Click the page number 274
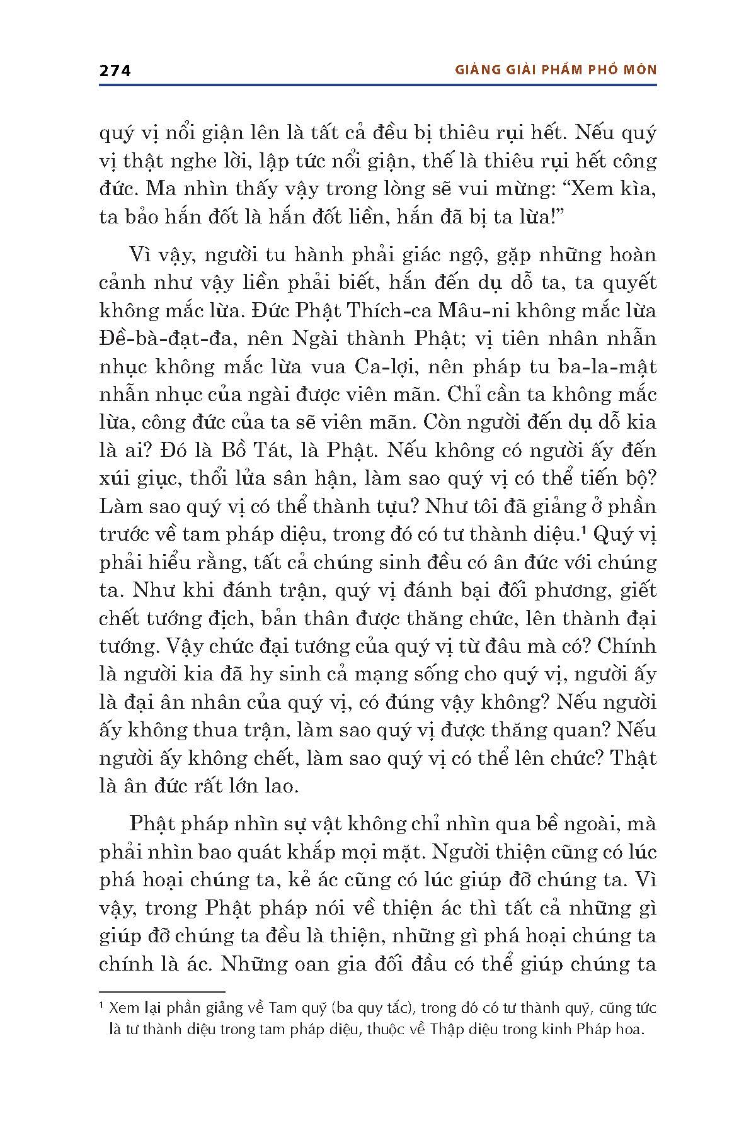pyautogui.click(x=115, y=70)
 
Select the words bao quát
pyautogui.click(x=282, y=852)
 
